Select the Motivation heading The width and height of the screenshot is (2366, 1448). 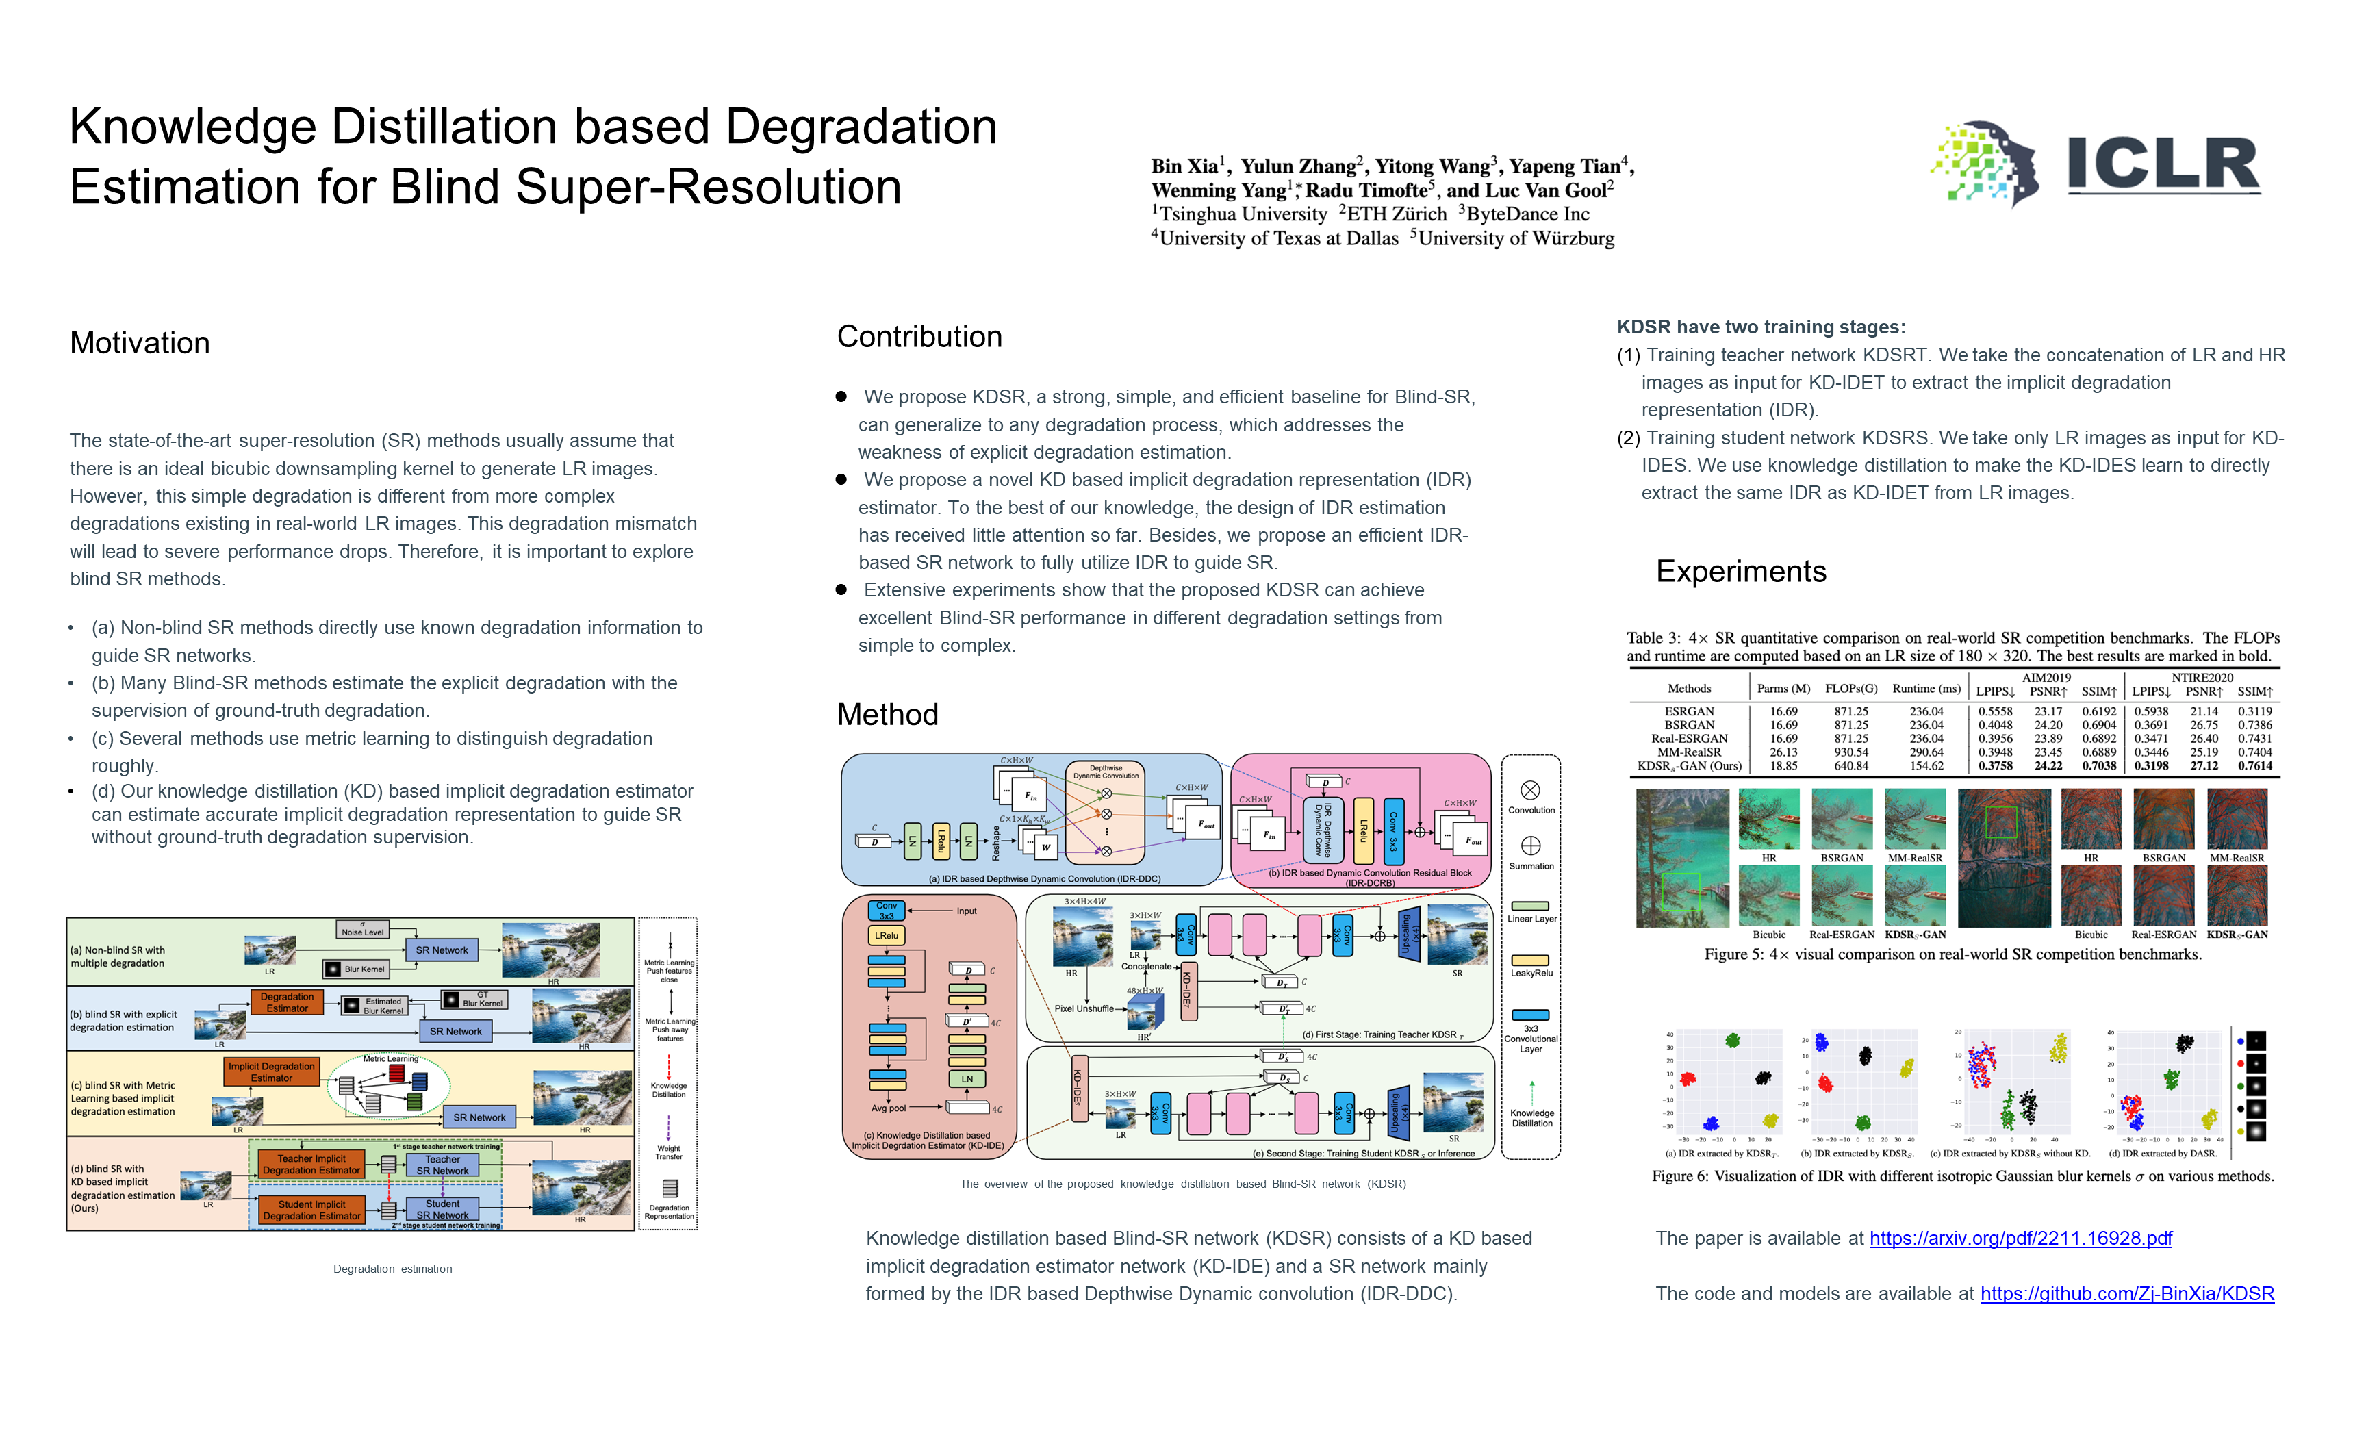tap(140, 343)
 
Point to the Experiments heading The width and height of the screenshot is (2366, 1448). tap(1740, 571)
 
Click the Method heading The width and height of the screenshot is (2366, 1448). tap(887, 714)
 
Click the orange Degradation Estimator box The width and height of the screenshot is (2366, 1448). tap(287, 1002)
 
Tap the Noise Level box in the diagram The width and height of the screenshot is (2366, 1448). tap(363, 930)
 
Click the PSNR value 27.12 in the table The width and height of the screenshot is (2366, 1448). tap(2204, 766)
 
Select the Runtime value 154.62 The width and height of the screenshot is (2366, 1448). tap(1926, 766)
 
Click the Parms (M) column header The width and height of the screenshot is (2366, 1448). tap(1783, 689)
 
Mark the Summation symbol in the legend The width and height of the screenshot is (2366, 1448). tap(1531, 846)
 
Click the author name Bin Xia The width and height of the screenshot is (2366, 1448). tap(1185, 166)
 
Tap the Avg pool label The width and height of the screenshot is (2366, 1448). tap(888, 1108)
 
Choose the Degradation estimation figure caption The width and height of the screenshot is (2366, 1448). tap(393, 1269)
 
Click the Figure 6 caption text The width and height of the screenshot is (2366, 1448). tap(1962, 1176)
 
